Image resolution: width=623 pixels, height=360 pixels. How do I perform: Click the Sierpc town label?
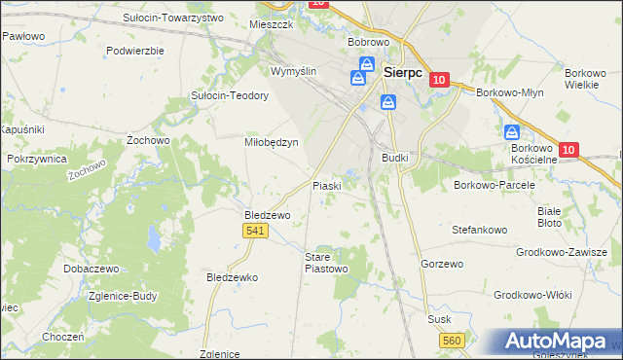point(403,71)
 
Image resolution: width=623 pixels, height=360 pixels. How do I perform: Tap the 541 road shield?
point(255,230)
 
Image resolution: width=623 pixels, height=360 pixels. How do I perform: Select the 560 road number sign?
point(451,340)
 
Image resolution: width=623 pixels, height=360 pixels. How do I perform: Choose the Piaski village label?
point(325,185)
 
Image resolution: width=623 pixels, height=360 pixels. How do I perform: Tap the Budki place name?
point(394,157)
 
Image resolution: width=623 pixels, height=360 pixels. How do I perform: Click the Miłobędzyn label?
point(270,141)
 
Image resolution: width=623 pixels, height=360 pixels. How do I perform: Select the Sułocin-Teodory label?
point(229,96)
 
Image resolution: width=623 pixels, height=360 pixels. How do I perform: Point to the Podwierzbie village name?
point(135,50)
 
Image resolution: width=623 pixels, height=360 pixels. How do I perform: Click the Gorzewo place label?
point(440,264)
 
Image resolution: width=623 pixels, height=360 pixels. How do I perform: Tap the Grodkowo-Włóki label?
point(531,294)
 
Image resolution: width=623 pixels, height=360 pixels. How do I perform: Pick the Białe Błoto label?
point(550,216)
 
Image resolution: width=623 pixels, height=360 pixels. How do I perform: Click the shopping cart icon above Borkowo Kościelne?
point(511,133)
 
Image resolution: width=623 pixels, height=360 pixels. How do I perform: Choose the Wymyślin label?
point(294,72)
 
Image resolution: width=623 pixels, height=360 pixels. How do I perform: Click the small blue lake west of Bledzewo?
point(154,237)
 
